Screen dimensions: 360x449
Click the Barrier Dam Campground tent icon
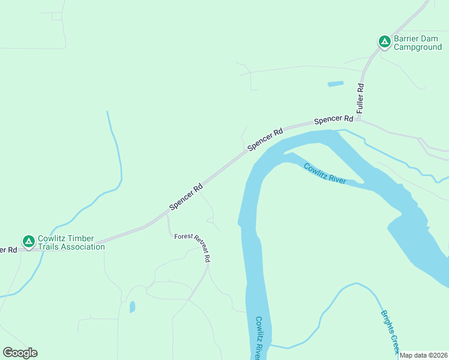384,41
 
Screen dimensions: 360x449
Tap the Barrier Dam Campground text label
418,43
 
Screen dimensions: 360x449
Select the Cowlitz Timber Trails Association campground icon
28,241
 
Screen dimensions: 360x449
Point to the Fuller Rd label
360,98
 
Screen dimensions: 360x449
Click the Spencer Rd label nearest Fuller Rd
333,120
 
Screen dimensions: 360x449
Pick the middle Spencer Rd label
265,139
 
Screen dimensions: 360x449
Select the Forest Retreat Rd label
193,247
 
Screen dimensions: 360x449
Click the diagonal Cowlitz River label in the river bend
325,174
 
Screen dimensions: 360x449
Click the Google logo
20,353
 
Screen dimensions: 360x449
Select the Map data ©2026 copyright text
423,355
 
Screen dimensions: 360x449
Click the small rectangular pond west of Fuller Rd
336,84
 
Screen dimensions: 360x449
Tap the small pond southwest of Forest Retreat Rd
132,307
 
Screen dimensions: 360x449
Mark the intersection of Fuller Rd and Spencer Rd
358,119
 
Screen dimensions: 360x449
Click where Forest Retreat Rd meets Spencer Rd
167,215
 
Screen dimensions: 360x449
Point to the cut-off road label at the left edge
8,249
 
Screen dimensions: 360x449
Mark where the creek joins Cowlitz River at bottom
271,346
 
